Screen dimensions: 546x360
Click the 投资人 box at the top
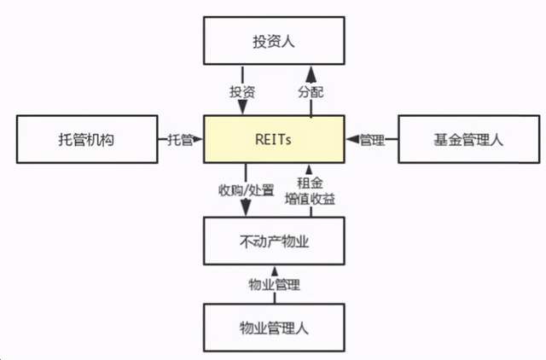pyautogui.click(x=274, y=40)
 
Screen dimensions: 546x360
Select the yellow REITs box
pyautogui.click(x=274, y=139)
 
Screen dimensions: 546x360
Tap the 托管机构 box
pyautogui.click(x=87, y=139)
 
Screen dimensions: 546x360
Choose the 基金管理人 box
pyautogui.click(x=469, y=139)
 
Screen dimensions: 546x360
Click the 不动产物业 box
pyautogui.click(x=274, y=241)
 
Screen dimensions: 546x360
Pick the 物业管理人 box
pyautogui.click(x=274, y=328)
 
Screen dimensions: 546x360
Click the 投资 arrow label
pyautogui.click(x=242, y=92)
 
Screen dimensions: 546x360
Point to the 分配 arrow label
pyautogui.click(x=311, y=92)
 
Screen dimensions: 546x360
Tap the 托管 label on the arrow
pyautogui.click(x=180, y=140)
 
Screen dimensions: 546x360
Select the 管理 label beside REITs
pyautogui.click(x=372, y=140)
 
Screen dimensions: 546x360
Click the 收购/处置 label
pyautogui.click(x=247, y=190)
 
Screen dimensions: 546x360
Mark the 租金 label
pyautogui.click(x=310, y=183)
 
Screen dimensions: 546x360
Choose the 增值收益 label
pyautogui.click(x=310, y=199)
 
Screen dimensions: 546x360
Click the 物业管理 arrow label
pyautogui.click(x=275, y=284)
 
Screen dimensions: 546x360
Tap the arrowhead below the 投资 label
pyautogui.click(x=242, y=107)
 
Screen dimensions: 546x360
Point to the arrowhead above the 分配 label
pyautogui.click(x=311, y=74)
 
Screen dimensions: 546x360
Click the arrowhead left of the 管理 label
pyautogui.click(x=352, y=139)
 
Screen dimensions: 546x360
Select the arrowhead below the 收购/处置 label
pyautogui.click(x=246, y=207)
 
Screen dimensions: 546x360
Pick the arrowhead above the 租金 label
pyautogui.click(x=309, y=170)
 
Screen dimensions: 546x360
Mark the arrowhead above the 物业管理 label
pyautogui.click(x=275, y=271)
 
